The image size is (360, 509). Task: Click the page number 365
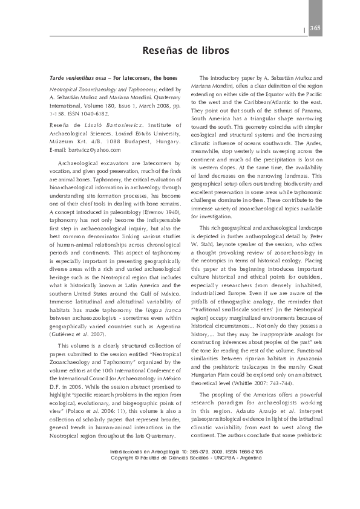pos(315,28)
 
